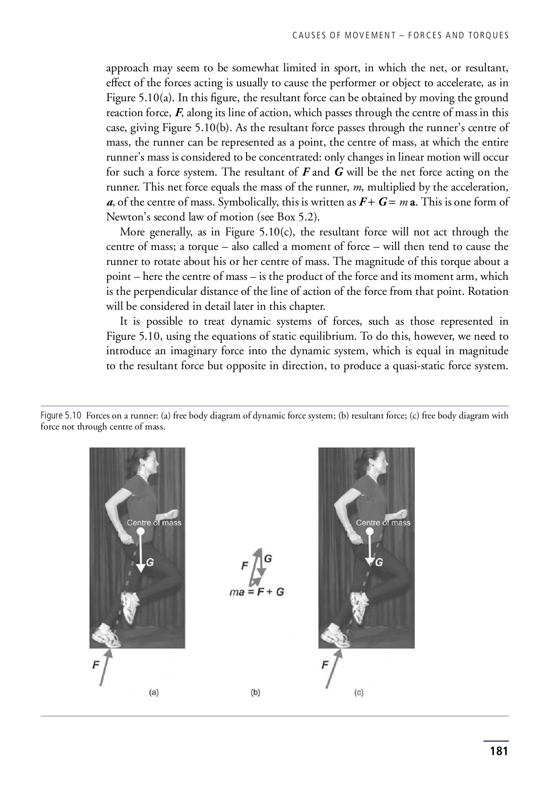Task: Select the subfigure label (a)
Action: click(153, 692)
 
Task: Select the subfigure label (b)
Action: click(255, 692)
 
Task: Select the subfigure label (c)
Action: click(359, 692)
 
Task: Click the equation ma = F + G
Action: click(257, 592)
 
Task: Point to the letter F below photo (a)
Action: click(95, 665)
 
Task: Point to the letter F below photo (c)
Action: click(324, 665)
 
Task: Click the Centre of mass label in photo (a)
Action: click(154, 523)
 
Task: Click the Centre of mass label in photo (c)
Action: click(383, 523)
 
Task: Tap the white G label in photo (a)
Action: click(150, 562)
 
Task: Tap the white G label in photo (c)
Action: click(379, 562)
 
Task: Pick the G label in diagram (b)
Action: click(268, 558)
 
